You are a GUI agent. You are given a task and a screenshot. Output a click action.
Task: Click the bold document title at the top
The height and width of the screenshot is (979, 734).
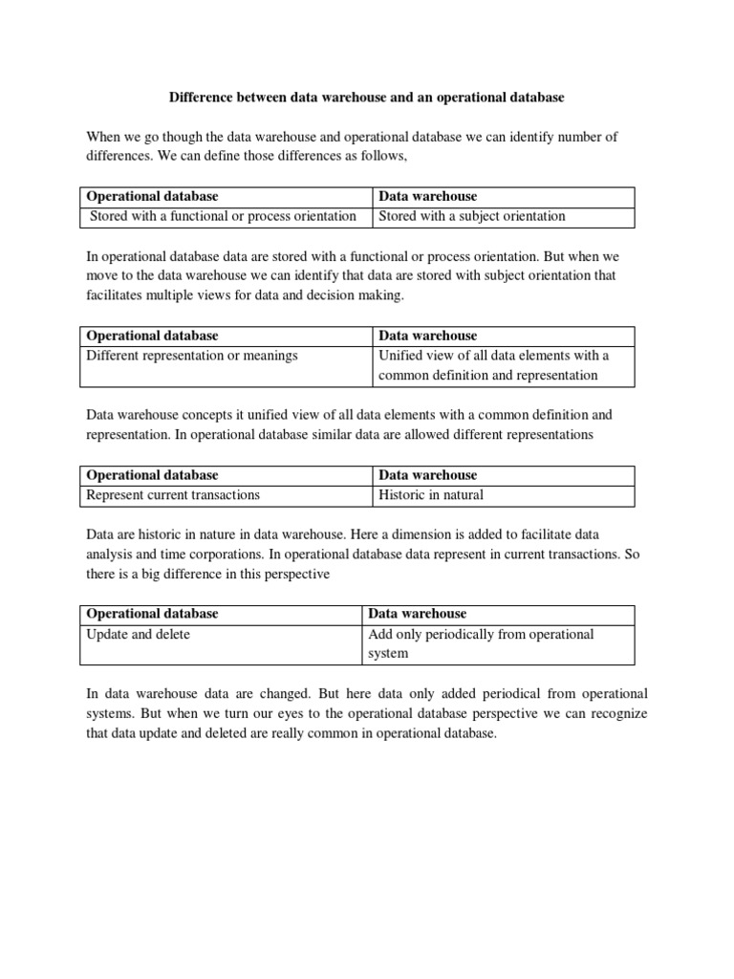[367, 98]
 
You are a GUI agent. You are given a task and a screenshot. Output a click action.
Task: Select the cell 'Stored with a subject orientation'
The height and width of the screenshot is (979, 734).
[472, 216]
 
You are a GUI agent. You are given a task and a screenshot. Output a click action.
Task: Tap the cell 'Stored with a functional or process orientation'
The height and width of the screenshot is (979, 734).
[223, 216]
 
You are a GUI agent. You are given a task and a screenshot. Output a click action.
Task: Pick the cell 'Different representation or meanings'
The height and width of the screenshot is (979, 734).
[192, 356]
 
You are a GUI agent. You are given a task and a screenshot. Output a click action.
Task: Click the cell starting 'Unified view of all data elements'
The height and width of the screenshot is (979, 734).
[493, 365]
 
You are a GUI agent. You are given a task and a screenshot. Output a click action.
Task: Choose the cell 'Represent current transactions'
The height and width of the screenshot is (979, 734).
[173, 495]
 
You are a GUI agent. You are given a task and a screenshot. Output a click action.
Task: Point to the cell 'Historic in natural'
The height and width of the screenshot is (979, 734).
[431, 495]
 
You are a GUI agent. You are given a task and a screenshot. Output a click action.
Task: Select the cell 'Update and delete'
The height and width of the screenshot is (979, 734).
[139, 635]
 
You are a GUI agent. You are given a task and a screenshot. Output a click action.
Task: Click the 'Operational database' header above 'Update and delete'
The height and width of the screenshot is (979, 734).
[152, 614]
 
